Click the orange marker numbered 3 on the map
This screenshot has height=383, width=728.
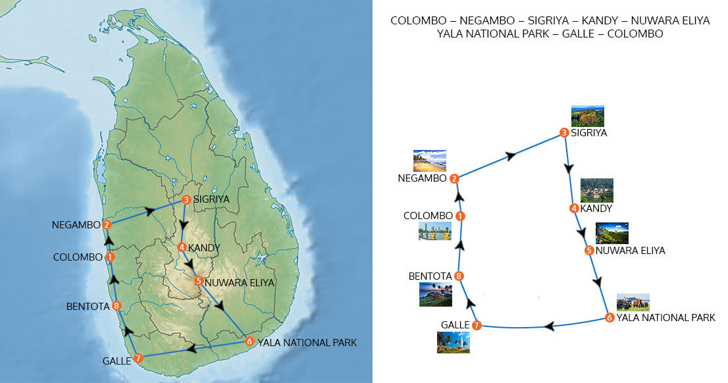186,199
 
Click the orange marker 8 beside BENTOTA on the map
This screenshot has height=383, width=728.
116,305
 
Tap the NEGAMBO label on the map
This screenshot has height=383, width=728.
76,225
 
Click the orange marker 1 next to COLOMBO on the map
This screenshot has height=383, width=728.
110,257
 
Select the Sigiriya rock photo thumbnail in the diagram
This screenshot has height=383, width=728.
587,116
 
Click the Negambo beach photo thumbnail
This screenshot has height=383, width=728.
429,161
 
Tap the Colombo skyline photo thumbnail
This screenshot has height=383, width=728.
434,231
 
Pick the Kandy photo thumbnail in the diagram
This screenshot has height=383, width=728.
596,190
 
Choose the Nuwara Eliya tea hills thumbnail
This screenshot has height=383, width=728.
612,233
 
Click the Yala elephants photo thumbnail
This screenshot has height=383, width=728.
633,302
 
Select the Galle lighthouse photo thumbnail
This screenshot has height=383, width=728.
453,342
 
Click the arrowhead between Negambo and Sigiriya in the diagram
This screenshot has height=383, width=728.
511,156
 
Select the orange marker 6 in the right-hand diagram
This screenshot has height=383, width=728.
610,318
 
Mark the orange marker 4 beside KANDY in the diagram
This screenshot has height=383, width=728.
574,209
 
